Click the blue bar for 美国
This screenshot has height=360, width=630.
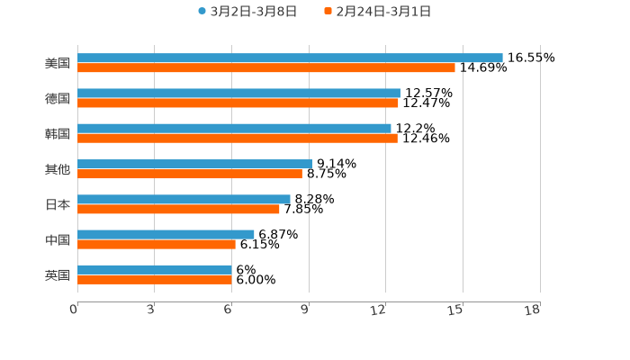pos(290,58)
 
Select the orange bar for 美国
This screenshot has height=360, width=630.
pos(266,68)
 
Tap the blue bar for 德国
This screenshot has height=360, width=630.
pos(238,94)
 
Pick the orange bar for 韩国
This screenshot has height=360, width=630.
pos(238,139)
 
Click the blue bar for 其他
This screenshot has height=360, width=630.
pos(194,164)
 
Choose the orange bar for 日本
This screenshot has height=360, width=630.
pos(178,210)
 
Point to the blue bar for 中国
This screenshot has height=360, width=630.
pos(166,234)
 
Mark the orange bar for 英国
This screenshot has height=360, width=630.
pos(155,280)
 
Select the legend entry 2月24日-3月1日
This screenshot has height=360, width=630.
pos(383,12)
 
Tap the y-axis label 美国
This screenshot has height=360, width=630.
pos(58,64)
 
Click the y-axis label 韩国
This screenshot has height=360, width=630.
pos(58,134)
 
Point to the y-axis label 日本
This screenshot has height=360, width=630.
pos(58,204)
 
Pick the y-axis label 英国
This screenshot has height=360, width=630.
pos(58,275)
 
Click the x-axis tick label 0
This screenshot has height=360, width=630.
pos(75,310)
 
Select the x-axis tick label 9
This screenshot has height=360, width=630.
pos(306,310)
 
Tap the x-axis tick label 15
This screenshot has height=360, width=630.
pos(457,310)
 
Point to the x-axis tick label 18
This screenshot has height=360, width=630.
pos(534,310)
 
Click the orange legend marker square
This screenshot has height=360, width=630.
pos(328,12)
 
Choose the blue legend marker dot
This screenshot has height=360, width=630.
pos(202,12)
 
